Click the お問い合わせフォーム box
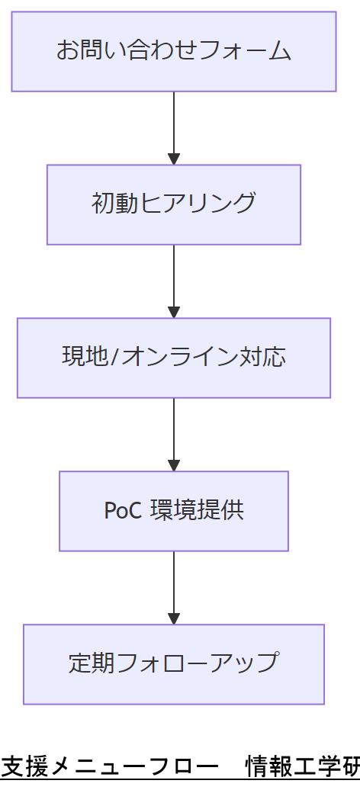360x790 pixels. coord(174,51)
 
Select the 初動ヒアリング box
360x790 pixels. coord(174,204)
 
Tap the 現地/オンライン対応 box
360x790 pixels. coord(174,358)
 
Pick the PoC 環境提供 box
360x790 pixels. coord(174,511)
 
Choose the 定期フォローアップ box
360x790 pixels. coord(174,664)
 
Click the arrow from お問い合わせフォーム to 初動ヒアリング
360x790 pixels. coord(174,126)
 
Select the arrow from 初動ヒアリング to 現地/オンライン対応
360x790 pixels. coord(174,279)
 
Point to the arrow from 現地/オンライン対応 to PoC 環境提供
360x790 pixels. coord(174,432)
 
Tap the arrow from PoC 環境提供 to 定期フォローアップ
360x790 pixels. coord(174,586)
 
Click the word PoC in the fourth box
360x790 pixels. coord(122,511)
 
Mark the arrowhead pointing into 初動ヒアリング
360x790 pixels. coord(174,159)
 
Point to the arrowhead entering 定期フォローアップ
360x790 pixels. coord(174,619)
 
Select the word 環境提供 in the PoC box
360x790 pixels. coord(196,511)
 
